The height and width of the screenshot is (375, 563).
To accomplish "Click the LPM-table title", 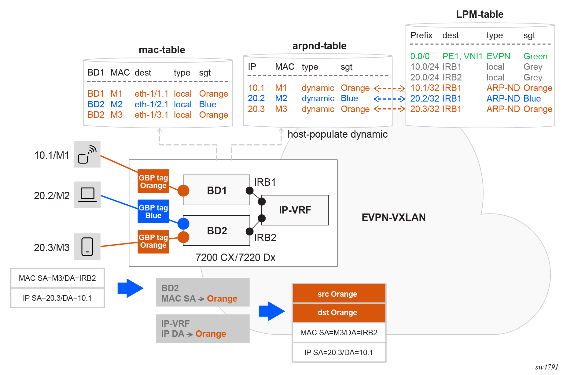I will tap(480, 14).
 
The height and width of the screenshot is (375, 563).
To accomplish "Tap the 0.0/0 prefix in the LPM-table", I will tap(420, 57).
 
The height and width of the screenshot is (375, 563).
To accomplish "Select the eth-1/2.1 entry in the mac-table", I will tap(151, 105).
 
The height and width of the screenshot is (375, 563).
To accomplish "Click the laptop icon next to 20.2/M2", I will tap(87, 195).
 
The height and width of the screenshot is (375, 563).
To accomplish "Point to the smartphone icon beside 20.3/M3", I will tap(87, 247).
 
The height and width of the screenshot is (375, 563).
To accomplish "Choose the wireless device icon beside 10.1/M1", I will tap(87, 154).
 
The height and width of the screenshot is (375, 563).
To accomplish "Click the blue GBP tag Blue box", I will tap(153, 211).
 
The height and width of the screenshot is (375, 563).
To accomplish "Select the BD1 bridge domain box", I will tap(216, 190).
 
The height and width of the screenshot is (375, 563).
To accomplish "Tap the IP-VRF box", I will tap(295, 210).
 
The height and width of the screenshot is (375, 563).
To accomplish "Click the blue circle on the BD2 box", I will tap(183, 224).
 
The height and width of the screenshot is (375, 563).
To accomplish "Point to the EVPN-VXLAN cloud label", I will tap(393, 217).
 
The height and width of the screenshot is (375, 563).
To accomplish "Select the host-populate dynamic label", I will tap(337, 134).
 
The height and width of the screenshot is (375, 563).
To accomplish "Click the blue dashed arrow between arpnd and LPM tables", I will tap(389, 99).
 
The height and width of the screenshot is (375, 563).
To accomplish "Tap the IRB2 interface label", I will tap(265, 238).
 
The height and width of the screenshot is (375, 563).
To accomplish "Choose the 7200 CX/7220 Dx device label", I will tap(235, 258).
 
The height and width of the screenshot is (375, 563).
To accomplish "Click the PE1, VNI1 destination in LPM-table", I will tap(462, 57).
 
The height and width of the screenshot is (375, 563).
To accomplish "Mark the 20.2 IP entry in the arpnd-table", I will tap(256, 98).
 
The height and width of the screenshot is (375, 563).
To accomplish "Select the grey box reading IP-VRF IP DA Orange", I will tap(202, 329).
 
